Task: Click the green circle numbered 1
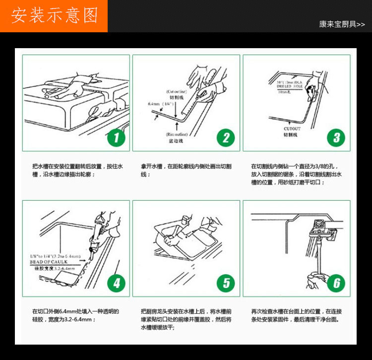tap(117, 137)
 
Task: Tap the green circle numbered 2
tap(226, 137)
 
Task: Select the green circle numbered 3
tap(336, 137)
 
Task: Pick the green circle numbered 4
tap(117, 283)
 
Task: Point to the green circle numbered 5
tap(226, 283)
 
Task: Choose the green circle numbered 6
tap(336, 283)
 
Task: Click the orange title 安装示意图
tap(54, 16)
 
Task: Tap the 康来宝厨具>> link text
tap(342, 24)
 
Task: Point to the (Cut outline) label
tap(177, 92)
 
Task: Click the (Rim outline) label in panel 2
tap(177, 135)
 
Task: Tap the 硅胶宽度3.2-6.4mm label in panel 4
tap(55, 268)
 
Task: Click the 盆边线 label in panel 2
tap(177, 141)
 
